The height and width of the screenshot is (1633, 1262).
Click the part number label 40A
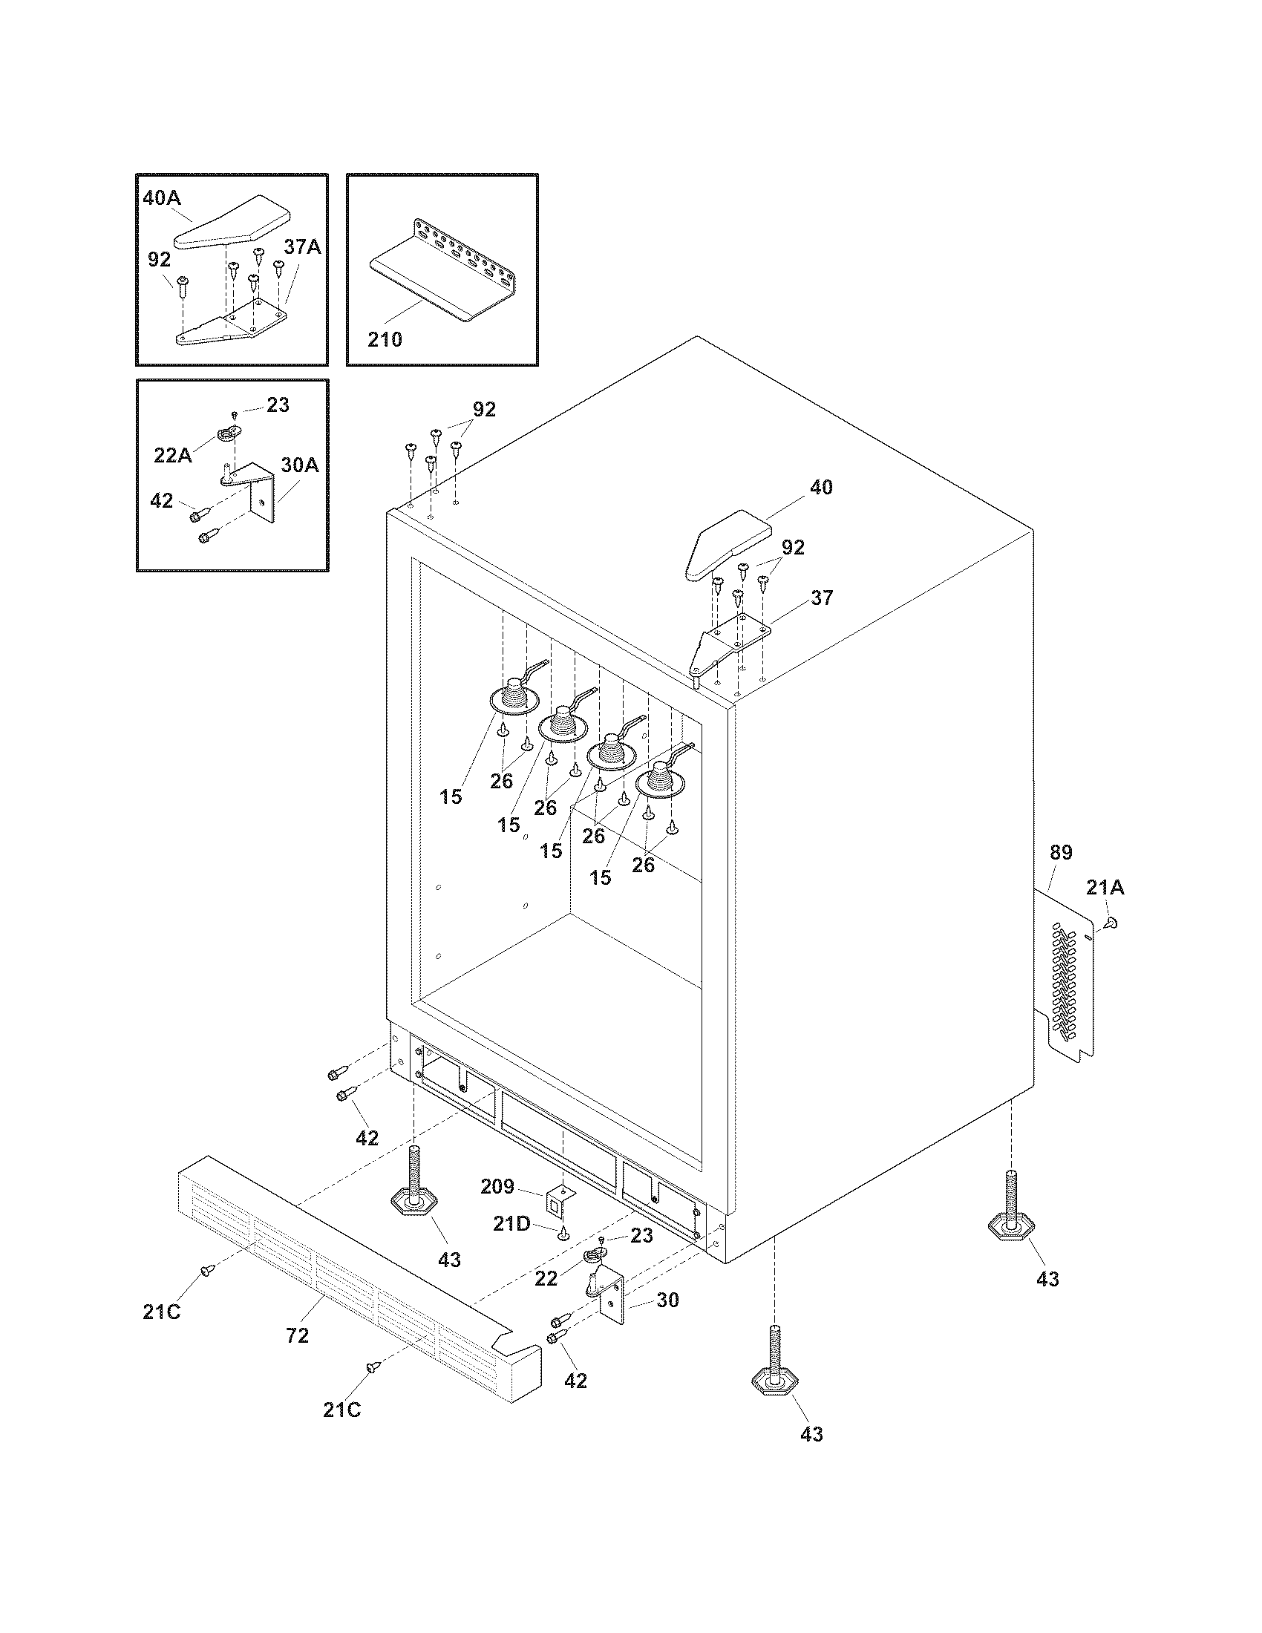(162, 199)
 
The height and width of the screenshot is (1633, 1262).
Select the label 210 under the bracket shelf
(385, 339)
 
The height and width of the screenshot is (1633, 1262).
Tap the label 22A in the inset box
(173, 455)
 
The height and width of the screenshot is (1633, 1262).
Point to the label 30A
(300, 465)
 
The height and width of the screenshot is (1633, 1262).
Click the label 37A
(302, 247)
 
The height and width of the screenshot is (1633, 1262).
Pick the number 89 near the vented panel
(1060, 852)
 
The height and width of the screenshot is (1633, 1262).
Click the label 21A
(1105, 888)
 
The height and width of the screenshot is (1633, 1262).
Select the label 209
(497, 1187)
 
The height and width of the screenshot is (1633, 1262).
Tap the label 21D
(511, 1224)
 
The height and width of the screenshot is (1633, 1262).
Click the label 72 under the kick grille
(298, 1335)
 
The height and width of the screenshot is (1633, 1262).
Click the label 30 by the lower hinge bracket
(667, 1300)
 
